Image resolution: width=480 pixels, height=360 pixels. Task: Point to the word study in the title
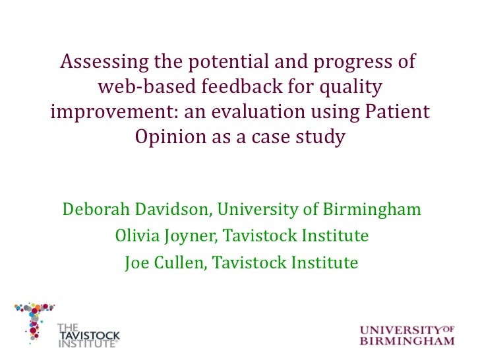click(x=322, y=138)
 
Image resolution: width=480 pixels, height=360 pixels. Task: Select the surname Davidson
click(x=175, y=210)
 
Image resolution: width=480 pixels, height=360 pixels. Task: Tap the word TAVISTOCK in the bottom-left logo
click(x=90, y=336)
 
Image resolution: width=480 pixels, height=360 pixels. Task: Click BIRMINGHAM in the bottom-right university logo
click(x=407, y=341)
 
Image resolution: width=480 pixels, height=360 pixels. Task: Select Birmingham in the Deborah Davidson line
click(x=373, y=210)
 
